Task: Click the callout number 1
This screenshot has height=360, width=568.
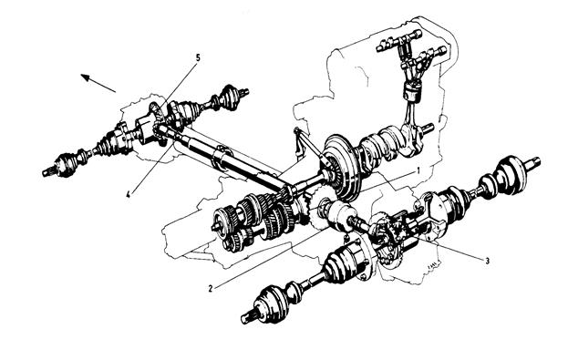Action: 418,170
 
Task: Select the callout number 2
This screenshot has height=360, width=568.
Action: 211,289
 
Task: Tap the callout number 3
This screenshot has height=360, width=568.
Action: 487,261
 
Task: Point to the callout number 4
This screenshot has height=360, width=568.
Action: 128,194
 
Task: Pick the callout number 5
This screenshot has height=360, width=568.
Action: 198,57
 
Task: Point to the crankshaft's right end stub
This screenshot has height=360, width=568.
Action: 428,128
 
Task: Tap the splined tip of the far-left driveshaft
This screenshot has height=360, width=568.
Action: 47,172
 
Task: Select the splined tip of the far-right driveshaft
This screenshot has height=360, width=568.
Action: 533,162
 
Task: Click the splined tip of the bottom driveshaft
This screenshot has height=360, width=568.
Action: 248,317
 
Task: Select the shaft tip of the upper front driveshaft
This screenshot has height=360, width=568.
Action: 244,91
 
